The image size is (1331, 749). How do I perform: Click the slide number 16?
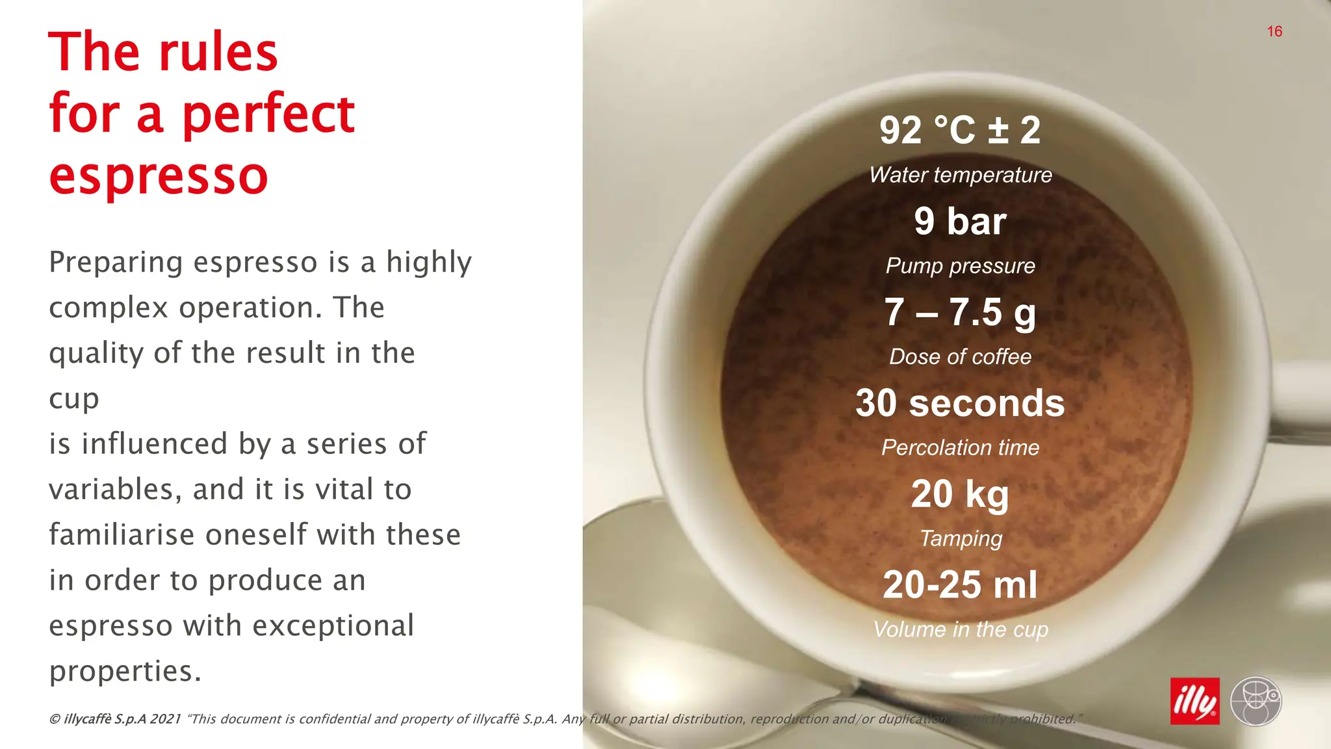click(1274, 31)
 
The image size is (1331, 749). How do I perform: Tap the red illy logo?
click(1195, 701)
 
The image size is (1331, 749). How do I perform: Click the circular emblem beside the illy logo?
click(1256, 701)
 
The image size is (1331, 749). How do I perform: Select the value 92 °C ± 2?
click(960, 130)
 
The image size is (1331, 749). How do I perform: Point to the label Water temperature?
click(960, 175)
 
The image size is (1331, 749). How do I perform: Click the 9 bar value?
click(960, 221)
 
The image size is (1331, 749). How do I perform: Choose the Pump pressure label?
click(960, 266)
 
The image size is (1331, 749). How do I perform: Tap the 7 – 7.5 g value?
click(960, 312)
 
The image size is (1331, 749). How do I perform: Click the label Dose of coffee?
click(960, 357)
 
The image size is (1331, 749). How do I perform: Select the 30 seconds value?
click(960, 403)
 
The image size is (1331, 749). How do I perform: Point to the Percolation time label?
click(960, 448)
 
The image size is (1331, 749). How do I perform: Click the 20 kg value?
click(960, 494)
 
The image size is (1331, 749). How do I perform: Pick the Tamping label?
click(960, 538)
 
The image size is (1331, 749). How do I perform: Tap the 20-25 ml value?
click(960, 585)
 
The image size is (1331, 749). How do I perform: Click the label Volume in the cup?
click(960, 629)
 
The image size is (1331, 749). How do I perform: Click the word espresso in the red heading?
click(158, 177)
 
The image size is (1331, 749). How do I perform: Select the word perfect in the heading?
click(268, 115)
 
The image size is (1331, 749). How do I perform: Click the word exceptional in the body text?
click(333, 625)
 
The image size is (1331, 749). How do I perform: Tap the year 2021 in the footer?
click(165, 719)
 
